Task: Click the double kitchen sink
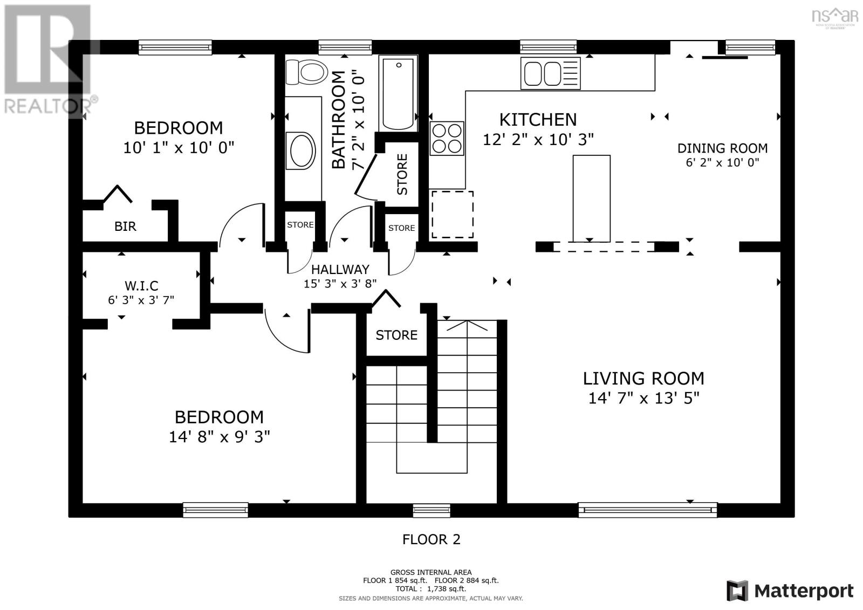(x=550, y=73)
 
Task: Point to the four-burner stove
(x=447, y=139)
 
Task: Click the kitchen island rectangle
(x=591, y=198)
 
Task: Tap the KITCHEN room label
(x=538, y=119)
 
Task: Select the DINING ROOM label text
(x=722, y=148)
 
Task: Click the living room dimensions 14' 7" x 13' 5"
(x=643, y=398)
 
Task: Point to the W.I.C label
(x=141, y=286)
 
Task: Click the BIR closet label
(x=125, y=227)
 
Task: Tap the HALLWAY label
(x=340, y=269)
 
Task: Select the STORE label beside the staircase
(x=396, y=335)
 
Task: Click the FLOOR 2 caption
(x=432, y=539)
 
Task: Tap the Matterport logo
(x=790, y=591)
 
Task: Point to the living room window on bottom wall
(x=647, y=510)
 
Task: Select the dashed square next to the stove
(x=452, y=214)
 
